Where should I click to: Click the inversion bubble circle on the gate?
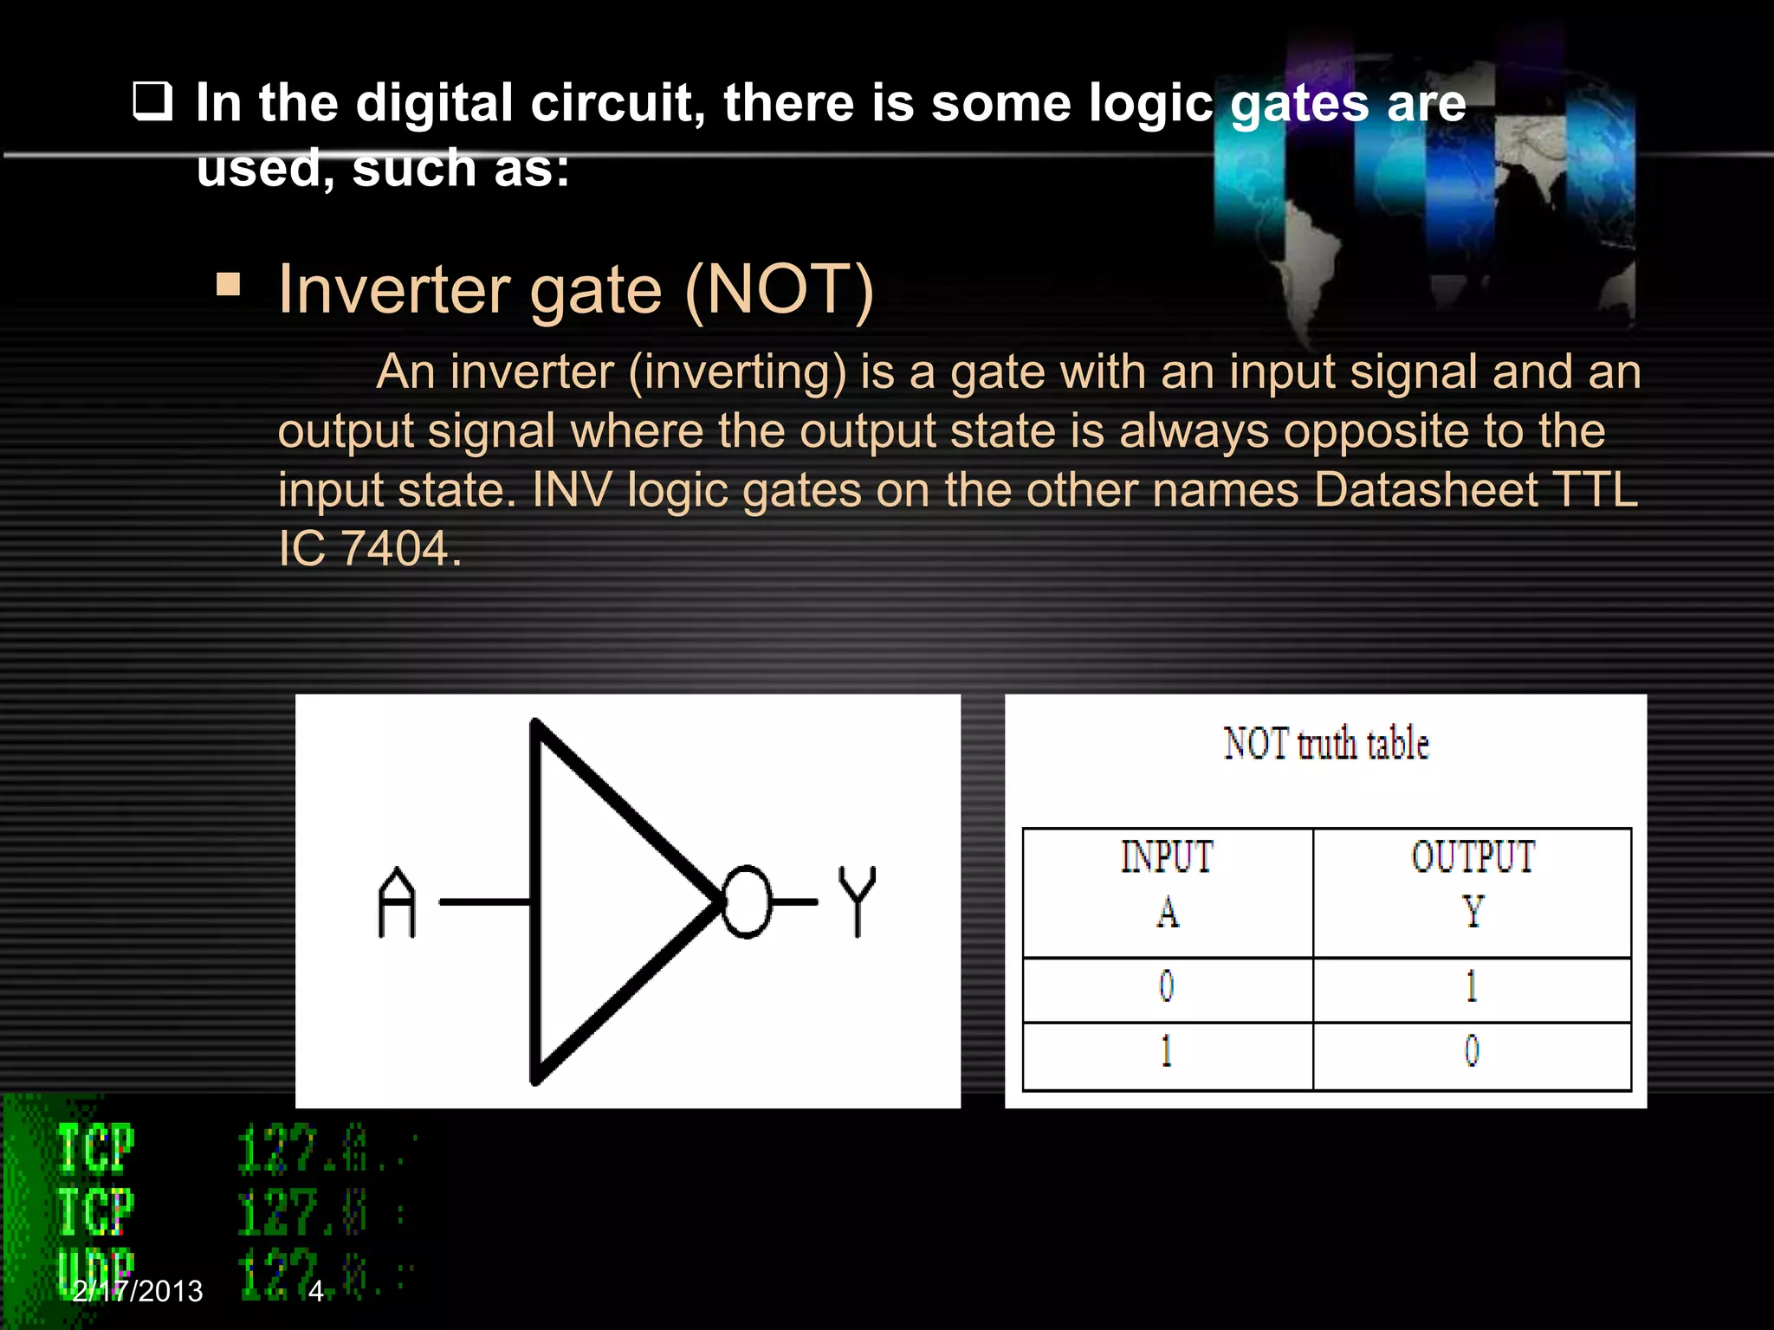coord(746,901)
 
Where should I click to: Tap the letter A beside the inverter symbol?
coord(397,902)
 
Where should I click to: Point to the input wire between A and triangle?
coord(485,902)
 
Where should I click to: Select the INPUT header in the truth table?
coord(1167,856)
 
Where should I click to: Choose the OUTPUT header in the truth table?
coord(1473,856)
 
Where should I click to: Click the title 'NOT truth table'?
coord(1325,744)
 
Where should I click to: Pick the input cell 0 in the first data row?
coord(1167,986)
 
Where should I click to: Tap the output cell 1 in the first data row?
coord(1472,986)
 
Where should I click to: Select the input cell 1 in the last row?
coord(1167,1051)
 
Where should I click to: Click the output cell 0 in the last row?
coord(1472,1051)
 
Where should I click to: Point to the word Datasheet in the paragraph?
coord(1426,489)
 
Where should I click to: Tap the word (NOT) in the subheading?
coord(780,289)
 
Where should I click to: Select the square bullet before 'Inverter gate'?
coord(229,285)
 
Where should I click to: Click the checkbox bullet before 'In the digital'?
coord(152,101)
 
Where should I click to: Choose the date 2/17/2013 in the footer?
coord(138,1291)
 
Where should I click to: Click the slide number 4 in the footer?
coord(316,1291)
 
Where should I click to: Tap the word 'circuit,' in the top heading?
coord(618,103)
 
